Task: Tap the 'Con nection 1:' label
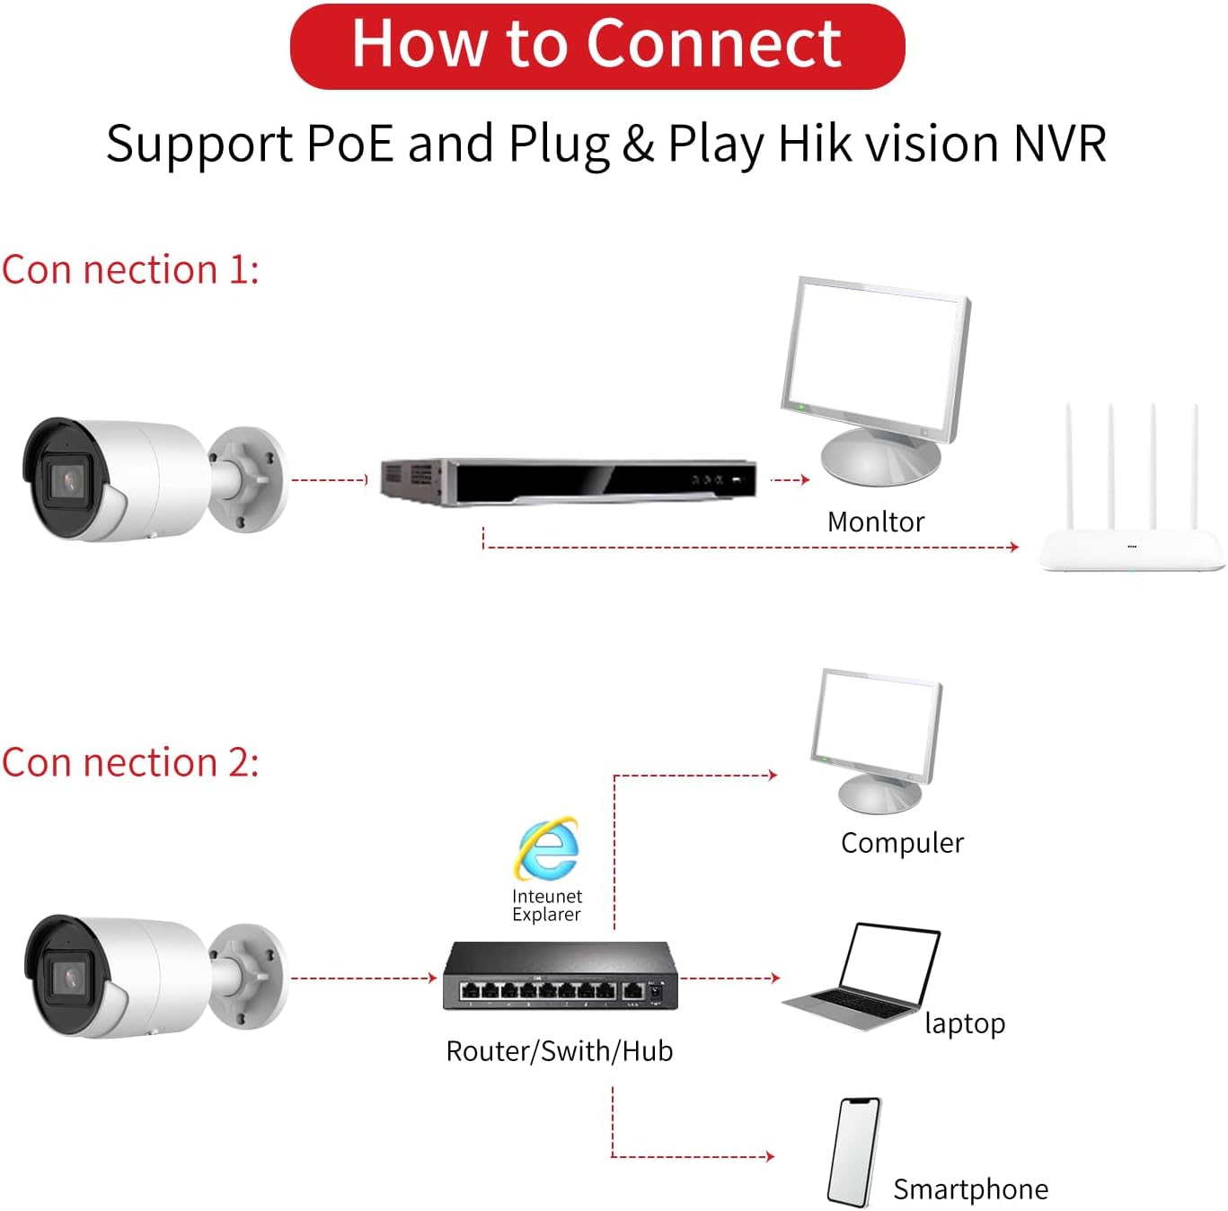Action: click(130, 269)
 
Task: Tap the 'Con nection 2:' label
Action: click(130, 763)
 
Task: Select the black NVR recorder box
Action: click(568, 481)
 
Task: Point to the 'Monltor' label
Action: click(875, 522)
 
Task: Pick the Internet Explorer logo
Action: click(547, 847)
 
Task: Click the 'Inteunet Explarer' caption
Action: click(546, 905)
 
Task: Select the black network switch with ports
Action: click(560, 976)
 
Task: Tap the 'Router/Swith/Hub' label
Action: click(559, 1051)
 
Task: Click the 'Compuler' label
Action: click(902, 843)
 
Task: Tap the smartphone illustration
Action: click(853, 1152)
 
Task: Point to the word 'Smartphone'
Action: click(970, 1189)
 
